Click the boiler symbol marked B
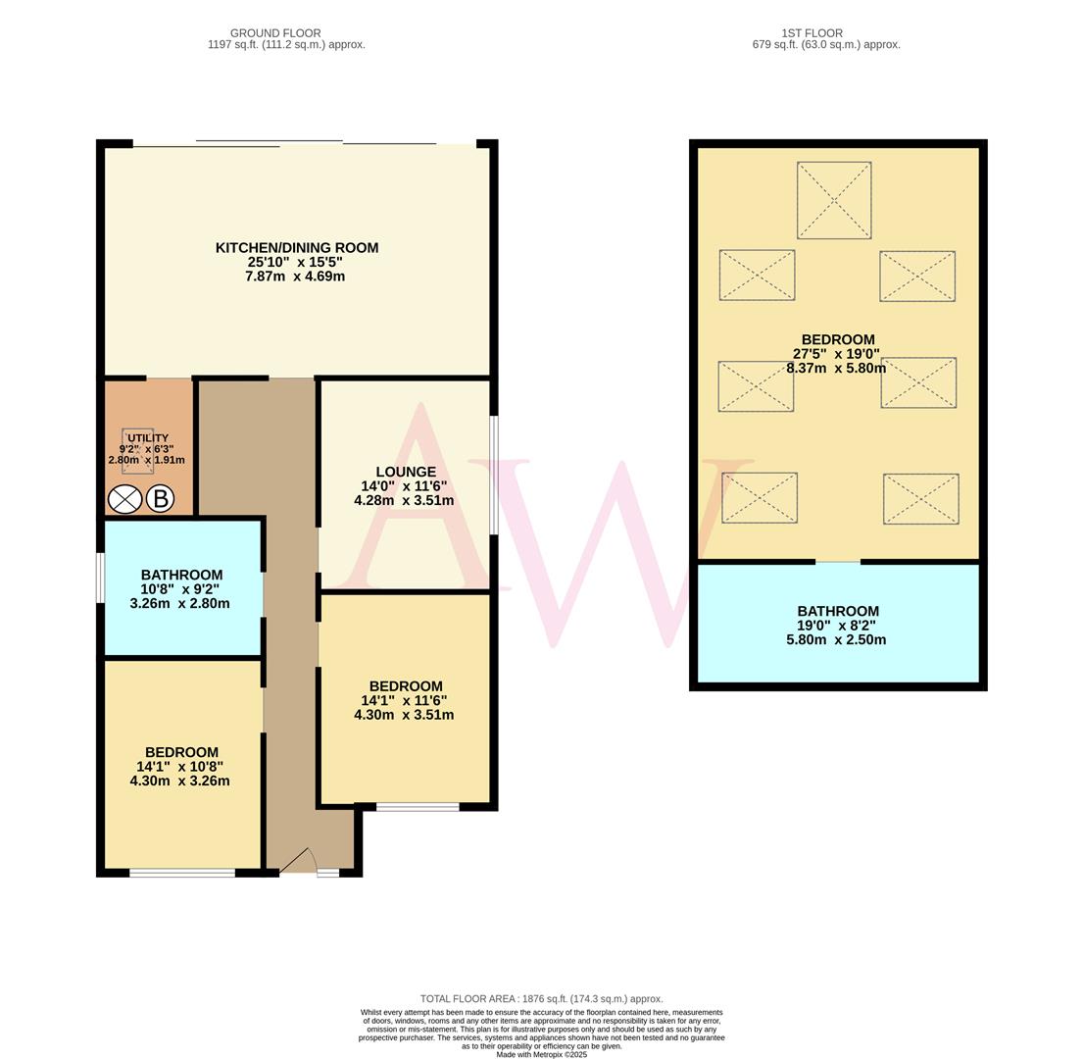pos(160,499)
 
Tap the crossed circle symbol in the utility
pos(124,499)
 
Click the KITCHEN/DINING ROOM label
pos(297,248)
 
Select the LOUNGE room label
pos(405,472)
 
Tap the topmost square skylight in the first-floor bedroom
pos(834,200)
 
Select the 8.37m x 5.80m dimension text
pos(836,369)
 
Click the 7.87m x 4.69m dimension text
pos(295,277)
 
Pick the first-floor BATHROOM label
pos(837,611)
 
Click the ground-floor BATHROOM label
pos(181,575)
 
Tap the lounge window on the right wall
pos(493,476)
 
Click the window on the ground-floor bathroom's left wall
pos(100,579)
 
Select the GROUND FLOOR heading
pos(275,33)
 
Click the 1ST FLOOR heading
pos(812,33)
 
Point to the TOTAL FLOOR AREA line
pos(541,998)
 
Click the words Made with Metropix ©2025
pos(541,1054)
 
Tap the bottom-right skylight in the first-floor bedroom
pos(920,499)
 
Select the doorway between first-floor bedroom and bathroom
pos(838,562)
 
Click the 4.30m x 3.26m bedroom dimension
pos(179,782)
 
